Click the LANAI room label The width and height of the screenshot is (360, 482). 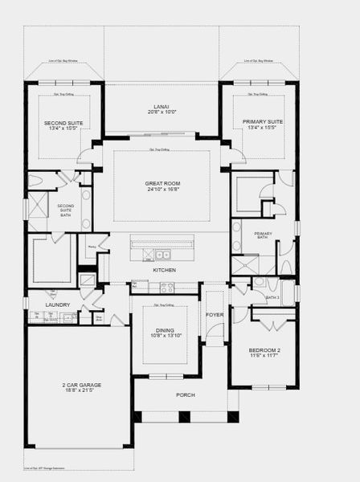(x=162, y=107)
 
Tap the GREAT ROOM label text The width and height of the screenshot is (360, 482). (x=162, y=184)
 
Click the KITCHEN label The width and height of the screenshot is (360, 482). (x=164, y=270)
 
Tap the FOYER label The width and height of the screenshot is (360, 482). (x=214, y=314)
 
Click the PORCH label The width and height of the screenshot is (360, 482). (x=186, y=394)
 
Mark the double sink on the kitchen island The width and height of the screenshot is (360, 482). (x=163, y=255)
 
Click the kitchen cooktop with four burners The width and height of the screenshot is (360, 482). (x=166, y=287)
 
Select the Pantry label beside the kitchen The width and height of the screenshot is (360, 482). (x=92, y=247)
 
